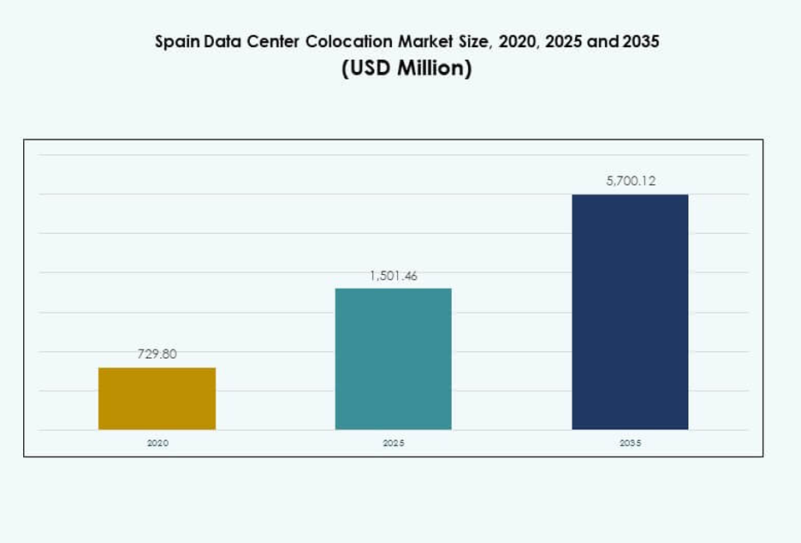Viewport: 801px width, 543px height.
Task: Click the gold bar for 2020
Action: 157,398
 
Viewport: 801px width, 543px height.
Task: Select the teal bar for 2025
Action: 393,358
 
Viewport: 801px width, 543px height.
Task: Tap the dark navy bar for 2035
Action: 630,312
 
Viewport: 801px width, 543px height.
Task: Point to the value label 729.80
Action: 157,354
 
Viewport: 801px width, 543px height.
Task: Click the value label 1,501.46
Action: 393,276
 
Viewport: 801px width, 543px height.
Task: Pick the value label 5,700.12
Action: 630,181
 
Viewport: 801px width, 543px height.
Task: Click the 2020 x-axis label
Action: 157,444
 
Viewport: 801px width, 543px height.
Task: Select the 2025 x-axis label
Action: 393,444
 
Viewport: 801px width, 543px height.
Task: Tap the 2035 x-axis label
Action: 630,444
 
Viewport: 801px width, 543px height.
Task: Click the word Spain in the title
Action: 175,42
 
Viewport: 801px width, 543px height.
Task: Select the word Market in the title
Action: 417,42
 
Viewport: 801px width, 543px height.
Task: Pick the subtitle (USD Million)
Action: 406,69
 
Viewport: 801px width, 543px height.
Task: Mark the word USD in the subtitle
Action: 369,69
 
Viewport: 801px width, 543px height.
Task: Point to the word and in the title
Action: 599,42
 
